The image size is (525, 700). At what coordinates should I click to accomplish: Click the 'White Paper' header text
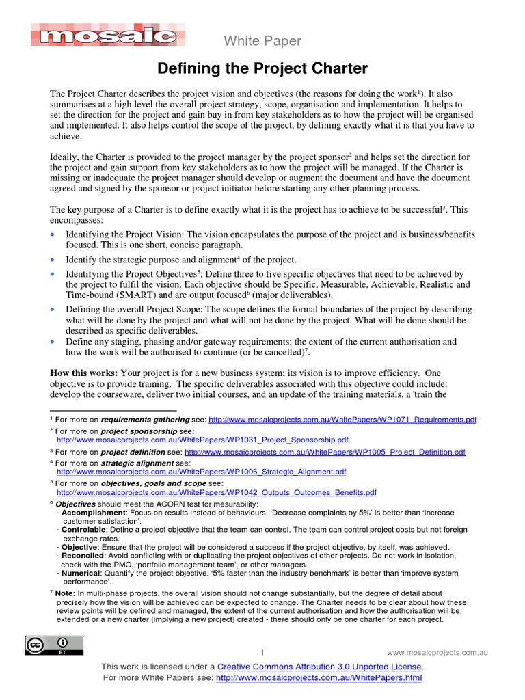(x=262, y=42)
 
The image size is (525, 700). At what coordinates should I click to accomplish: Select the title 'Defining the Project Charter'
(x=262, y=69)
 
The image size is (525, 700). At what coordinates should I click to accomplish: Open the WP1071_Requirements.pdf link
(x=342, y=420)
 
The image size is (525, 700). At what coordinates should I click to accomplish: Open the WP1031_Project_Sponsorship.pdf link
(x=202, y=441)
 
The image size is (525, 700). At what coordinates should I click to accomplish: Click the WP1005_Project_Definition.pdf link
(x=325, y=453)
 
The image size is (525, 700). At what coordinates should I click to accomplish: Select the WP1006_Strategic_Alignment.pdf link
(x=201, y=472)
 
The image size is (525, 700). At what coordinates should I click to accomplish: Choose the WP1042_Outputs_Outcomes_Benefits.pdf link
(x=216, y=492)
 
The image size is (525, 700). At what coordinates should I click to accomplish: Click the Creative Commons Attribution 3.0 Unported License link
(x=320, y=667)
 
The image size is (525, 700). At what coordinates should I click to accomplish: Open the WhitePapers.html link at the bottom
(x=319, y=678)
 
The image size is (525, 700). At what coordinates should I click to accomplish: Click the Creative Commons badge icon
(x=55, y=645)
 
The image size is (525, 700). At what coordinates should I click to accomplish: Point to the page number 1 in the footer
(x=262, y=653)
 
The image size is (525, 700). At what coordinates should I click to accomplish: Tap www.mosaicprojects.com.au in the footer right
(x=437, y=653)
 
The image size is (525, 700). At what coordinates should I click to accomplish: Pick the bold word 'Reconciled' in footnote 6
(x=81, y=556)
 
